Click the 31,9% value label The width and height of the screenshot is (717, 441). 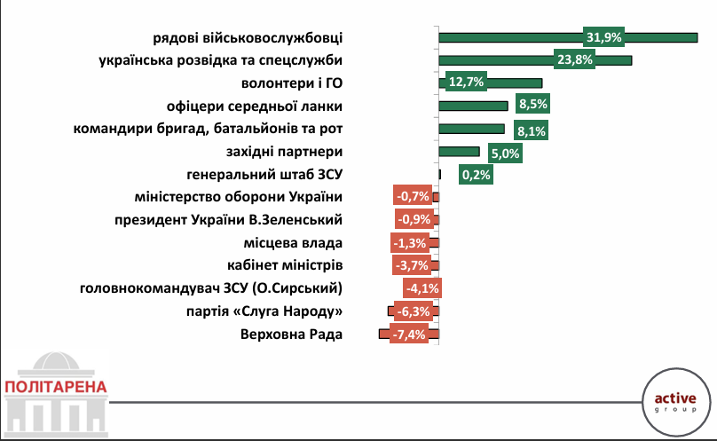click(603, 36)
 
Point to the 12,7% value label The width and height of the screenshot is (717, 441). click(466, 83)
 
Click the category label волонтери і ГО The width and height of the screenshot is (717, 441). click(292, 83)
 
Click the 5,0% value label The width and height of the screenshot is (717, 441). click(506, 153)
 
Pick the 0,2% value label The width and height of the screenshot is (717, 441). click(475, 175)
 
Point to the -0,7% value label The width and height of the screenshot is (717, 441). click(413, 196)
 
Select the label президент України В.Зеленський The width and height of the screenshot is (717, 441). click(229, 219)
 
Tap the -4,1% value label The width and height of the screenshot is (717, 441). click(421, 288)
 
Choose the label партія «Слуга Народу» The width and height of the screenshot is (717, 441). click(265, 311)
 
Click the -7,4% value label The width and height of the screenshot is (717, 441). click(409, 335)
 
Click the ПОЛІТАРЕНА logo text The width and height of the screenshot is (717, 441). click(55, 387)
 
